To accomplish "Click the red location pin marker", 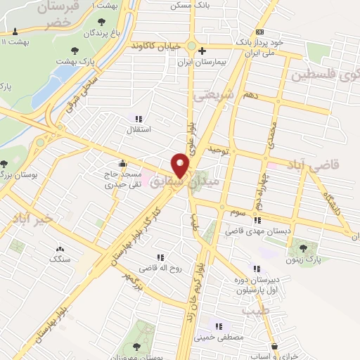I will point(181,166).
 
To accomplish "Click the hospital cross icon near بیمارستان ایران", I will point(202,51).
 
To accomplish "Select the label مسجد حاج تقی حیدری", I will point(123,180).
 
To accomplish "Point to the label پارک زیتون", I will point(304,259).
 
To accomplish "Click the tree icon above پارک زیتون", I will point(303,247).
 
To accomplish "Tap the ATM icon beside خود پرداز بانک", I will point(260,32).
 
